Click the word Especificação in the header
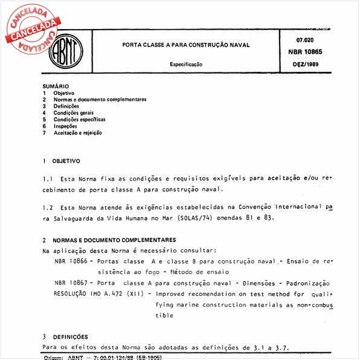tap(186, 64)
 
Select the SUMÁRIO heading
tap(56, 86)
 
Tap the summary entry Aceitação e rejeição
tap(77, 133)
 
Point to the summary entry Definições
tap(66, 106)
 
